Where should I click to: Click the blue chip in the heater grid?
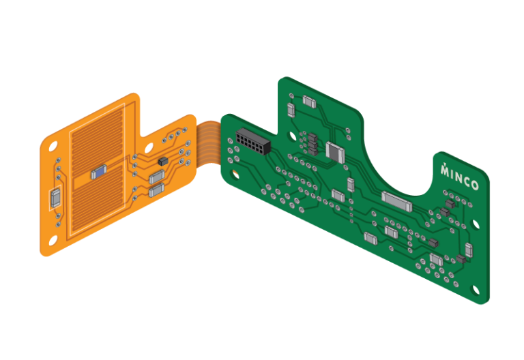pos(99,172)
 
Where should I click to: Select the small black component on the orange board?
pos(162,161)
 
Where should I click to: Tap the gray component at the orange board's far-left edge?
pos(55,198)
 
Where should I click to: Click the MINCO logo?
pos(458,178)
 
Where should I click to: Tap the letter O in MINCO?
pos(474,185)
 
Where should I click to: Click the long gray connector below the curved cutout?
pos(396,200)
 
